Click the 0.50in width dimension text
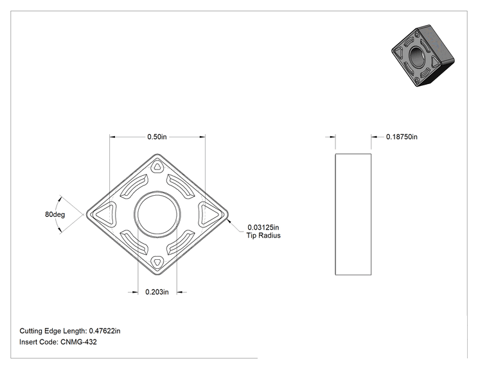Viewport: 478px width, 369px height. click(157, 137)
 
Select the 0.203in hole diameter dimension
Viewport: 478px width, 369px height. click(157, 292)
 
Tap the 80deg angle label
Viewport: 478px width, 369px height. click(55, 214)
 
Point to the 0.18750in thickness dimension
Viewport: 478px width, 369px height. click(402, 137)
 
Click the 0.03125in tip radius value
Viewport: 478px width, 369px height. click(263, 227)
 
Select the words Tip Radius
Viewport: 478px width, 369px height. click(263, 236)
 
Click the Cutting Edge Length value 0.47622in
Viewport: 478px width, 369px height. click(105, 330)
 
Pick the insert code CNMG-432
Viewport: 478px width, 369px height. click(78, 342)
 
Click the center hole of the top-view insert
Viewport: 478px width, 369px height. click(157, 214)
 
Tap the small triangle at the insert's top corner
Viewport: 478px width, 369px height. click(157, 167)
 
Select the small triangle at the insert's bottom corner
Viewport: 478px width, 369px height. click(157, 262)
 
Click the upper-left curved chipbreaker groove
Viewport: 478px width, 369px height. click(134, 186)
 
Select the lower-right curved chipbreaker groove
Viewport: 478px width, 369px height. click(181, 243)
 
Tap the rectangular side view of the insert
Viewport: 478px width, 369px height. click(353, 214)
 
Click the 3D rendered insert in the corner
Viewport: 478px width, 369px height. click(423, 56)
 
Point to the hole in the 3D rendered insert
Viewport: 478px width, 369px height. click(416, 56)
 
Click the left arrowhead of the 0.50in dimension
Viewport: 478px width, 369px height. click(112, 137)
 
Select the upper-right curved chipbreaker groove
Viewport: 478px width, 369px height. click(181, 186)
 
